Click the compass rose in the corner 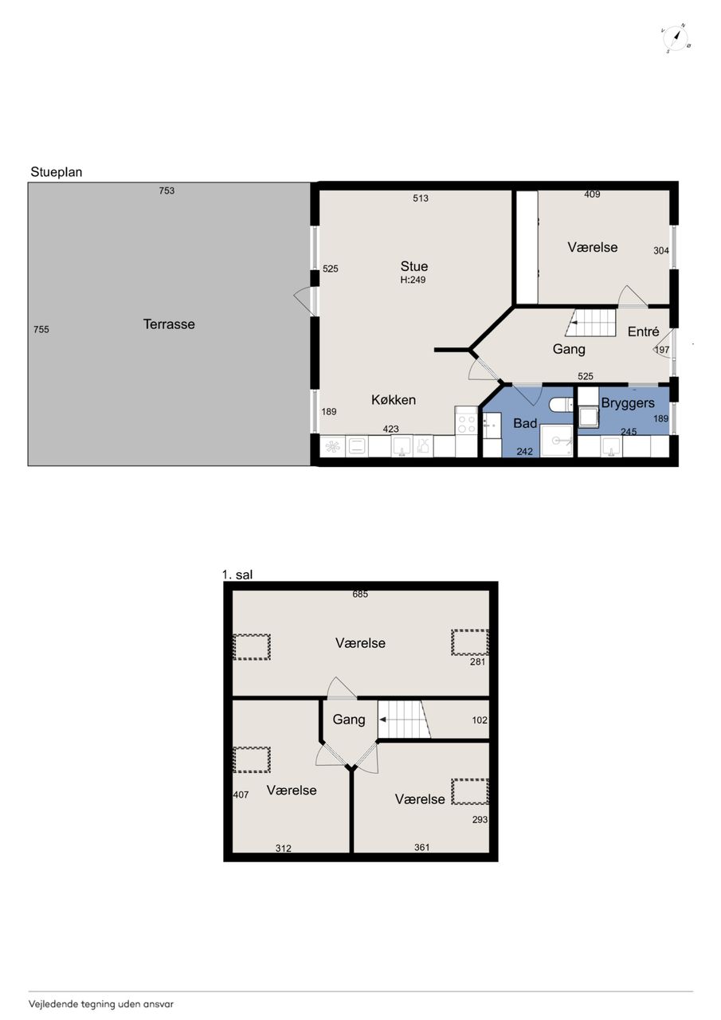(x=676, y=39)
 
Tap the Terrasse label (x=169, y=324)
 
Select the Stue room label (x=413, y=266)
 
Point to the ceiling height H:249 (x=413, y=280)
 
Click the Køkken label (x=394, y=400)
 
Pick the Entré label (x=643, y=331)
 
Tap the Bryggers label (x=628, y=403)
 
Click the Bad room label (x=525, y=423)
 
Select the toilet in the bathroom (x=561, y=404)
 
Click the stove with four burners (x=466, y=424)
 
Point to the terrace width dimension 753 (x=167, y=190)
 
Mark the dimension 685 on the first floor (x=360, y=594)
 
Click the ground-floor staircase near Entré (x=590, y=323)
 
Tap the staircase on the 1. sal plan (x=404, y=720)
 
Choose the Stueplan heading (x=57, y=172)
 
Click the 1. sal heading (x=237, y=575)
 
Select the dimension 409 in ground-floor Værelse (x=592, y=194)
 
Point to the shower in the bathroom (x=556, y=441)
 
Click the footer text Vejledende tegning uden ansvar (x=101, y=1003)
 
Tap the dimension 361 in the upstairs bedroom (x=422, y=847)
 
